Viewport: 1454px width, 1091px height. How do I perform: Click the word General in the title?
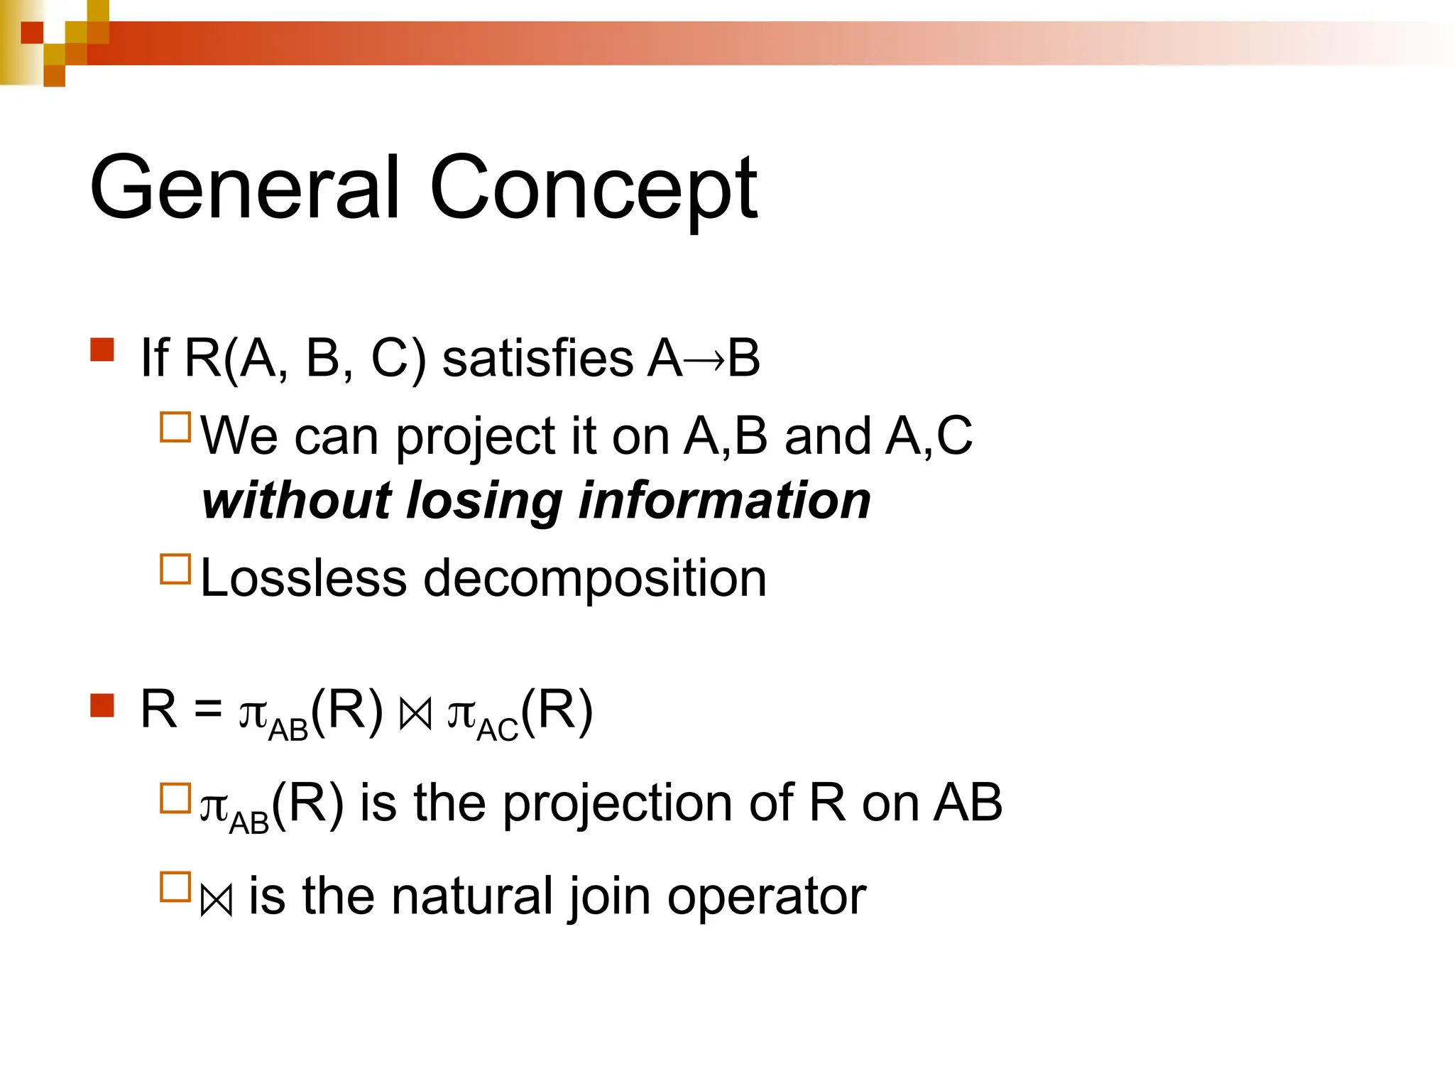244,188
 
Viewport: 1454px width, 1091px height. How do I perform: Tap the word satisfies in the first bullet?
537,358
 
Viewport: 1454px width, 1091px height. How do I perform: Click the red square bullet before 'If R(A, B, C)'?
102,350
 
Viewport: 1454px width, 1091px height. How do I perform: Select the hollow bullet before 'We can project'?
175,428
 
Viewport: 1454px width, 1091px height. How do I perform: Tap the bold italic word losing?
485,501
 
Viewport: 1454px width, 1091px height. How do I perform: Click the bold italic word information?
725,500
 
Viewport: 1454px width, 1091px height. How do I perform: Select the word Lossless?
303,578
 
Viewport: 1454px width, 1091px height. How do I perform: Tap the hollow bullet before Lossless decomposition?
175,569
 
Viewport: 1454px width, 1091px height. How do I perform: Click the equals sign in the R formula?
208,709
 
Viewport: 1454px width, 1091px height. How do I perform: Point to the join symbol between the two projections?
415,715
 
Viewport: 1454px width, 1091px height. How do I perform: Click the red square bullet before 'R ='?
102,705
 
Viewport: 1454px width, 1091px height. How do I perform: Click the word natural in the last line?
471,896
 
